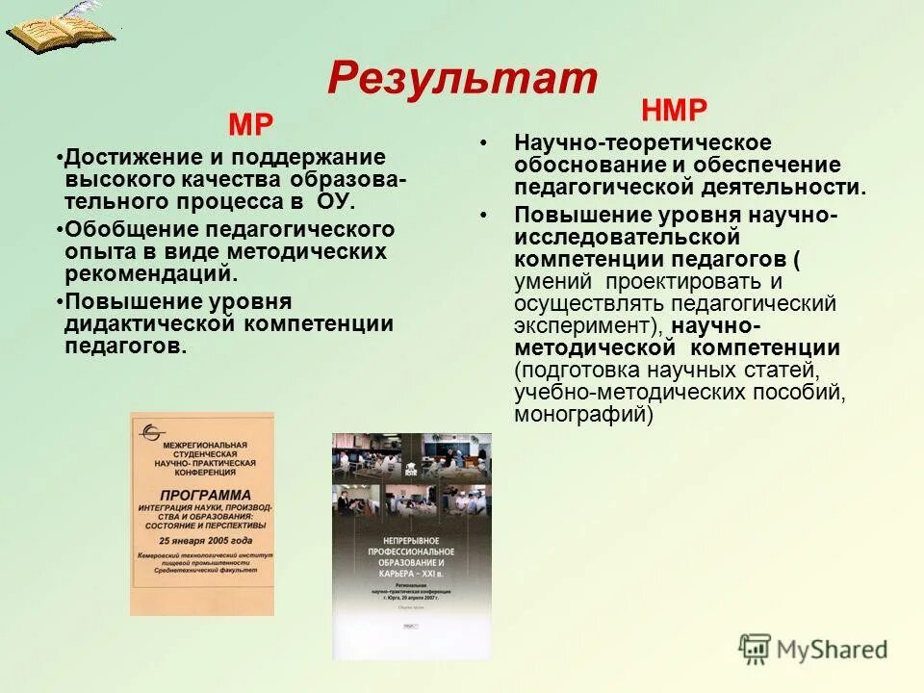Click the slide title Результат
pos(462,77)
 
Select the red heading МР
pos(250,125)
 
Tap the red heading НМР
pos(674,111)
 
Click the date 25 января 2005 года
pos(202,540)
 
